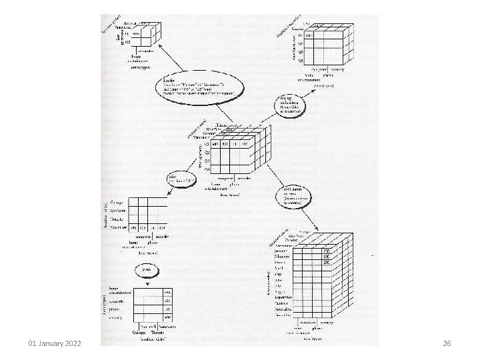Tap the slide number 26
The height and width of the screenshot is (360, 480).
point(447,343)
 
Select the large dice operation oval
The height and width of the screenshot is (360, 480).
point(198,89)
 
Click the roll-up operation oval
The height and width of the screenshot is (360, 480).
point(293,105)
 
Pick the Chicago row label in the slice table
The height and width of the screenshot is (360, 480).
point(119,201)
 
